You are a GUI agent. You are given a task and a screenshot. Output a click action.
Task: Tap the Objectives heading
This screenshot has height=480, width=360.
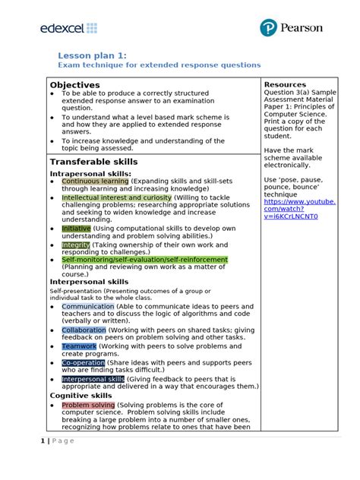(x=75, y=85)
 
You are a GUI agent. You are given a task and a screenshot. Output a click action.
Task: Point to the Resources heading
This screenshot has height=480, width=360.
(x=285, y=85)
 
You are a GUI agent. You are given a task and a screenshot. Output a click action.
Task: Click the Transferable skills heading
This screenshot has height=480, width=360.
(x=93, y=162)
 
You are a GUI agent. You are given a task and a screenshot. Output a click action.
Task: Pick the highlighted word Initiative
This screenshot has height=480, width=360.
(x=76, y=229)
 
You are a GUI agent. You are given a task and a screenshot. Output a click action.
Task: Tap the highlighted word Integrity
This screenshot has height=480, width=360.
(x=76, y=245)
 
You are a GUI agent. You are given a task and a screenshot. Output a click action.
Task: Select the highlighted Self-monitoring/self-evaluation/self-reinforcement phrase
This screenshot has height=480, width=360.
(x=144, y=260)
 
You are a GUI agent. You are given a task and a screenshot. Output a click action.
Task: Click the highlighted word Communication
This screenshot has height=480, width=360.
(x=88, y=307)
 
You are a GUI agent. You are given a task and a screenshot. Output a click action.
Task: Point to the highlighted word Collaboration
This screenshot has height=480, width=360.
(x=84, y=330)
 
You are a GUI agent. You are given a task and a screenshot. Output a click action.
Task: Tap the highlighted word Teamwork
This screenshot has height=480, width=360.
(x=79, y=346)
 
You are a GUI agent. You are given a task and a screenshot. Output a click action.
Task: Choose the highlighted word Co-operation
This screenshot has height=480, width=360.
(x=83, y=363)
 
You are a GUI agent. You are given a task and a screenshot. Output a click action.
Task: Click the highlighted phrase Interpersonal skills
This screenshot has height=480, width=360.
(x=93, y=379)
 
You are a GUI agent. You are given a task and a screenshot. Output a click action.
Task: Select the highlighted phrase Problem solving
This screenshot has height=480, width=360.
(x=87, y=405)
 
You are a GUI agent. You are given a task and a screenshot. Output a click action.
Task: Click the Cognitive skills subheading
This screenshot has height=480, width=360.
(x=80, y=395)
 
